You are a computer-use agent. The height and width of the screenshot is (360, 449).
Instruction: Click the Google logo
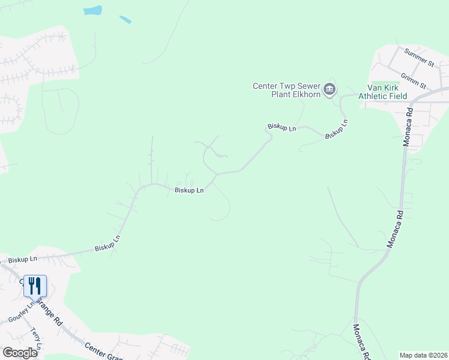click(20, 353)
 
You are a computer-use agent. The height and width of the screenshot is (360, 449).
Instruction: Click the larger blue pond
click(92, 11)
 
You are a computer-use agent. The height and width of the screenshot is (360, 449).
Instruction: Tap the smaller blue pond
click(125, 19)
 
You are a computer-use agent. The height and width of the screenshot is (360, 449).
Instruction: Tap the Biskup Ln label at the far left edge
click(22, 259)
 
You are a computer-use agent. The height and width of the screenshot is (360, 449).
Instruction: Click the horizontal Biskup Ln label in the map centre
click(189, 190)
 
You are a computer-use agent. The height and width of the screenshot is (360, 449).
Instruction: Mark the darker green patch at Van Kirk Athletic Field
click(385, 84)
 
